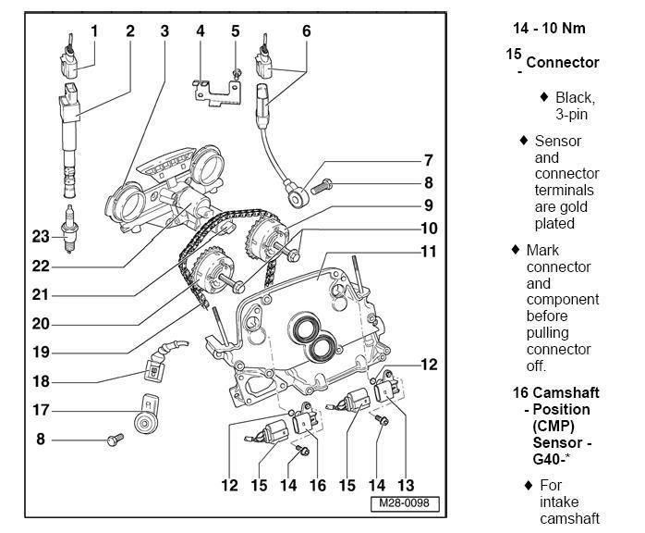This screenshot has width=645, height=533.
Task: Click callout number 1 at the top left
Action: (x=94, y=31)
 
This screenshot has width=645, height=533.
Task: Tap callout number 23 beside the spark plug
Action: (x=39, y=236)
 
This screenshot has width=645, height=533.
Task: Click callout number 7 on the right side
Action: (x=428, y=160)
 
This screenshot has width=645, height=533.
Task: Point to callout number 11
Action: (x=428, y=252)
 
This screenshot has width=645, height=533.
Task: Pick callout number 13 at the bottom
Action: (x=404, y=485)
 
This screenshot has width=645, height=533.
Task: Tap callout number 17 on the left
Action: (x=42, y=409)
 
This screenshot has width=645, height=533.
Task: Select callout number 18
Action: (x=42, y=381)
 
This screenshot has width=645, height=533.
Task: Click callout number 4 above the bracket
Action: (x=200, y=31)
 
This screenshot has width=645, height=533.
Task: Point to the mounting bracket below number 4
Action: (x=214, y=93)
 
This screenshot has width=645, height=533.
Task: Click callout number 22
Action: (x=39, y=266)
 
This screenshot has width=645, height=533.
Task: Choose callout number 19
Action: (x=42, y=353)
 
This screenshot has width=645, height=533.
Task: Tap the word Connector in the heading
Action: (x=563, y=63)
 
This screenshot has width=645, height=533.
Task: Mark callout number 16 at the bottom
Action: (x=317, y=485)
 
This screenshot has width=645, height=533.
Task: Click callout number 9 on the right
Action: (x=428, y=205)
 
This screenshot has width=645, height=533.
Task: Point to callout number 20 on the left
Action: (x=42, y=324)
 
